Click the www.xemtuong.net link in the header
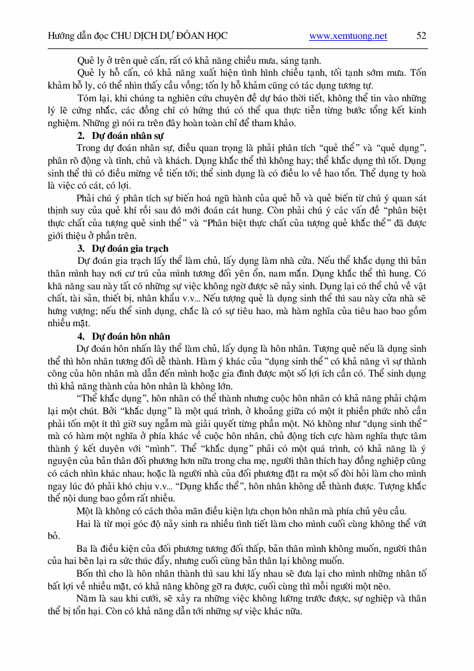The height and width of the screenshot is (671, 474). click(x=348, y=36)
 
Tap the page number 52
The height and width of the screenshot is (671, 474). click(x=421, y=36)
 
